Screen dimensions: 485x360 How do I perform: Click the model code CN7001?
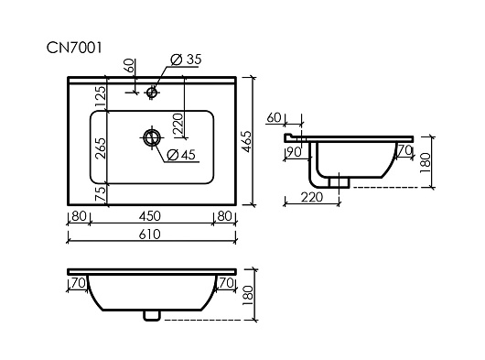tap(74, 48)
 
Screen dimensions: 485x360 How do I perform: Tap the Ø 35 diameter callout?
tap(186, 60)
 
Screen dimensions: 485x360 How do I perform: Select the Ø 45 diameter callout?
tap(181, 155)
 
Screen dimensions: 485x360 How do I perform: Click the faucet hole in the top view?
tap(152, 92)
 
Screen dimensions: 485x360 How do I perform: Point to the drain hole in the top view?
tap(152, 137)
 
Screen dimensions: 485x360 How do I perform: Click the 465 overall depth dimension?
tap(247, 141)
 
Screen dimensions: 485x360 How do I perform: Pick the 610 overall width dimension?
tap(150, 235)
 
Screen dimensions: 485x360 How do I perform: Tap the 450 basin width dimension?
tap(150, 216)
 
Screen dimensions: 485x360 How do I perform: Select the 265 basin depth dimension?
tap(101, 148)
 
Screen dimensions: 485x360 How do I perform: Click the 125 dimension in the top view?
tap(101, 96)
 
